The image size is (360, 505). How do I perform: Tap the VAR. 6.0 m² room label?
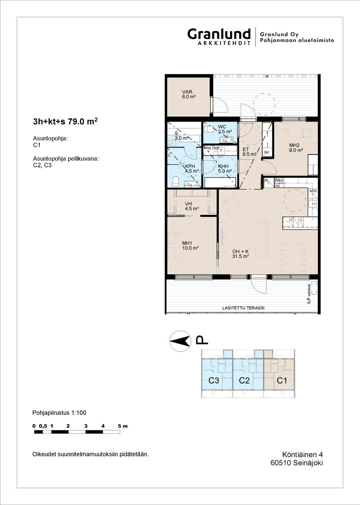pos(188,95)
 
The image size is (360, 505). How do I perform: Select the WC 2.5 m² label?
pos(225,129)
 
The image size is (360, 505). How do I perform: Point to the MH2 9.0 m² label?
pos(296,148)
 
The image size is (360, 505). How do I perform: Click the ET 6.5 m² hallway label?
pos(249,152)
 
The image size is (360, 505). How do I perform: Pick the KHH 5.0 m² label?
pos(225,168)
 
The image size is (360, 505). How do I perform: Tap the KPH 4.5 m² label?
pos(192,168)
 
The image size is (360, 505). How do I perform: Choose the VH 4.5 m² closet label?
pos(192,206)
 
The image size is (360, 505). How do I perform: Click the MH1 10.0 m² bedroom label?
pos(190,246)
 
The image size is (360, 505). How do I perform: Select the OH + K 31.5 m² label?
pos(240,254)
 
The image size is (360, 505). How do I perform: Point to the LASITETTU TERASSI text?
pos(243,308)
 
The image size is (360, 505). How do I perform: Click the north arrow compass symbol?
pos(180,341)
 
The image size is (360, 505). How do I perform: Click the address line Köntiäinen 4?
pos(302,454)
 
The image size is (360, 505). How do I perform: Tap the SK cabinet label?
pos(267,152)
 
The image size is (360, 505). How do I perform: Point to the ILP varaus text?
pos(309,294)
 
